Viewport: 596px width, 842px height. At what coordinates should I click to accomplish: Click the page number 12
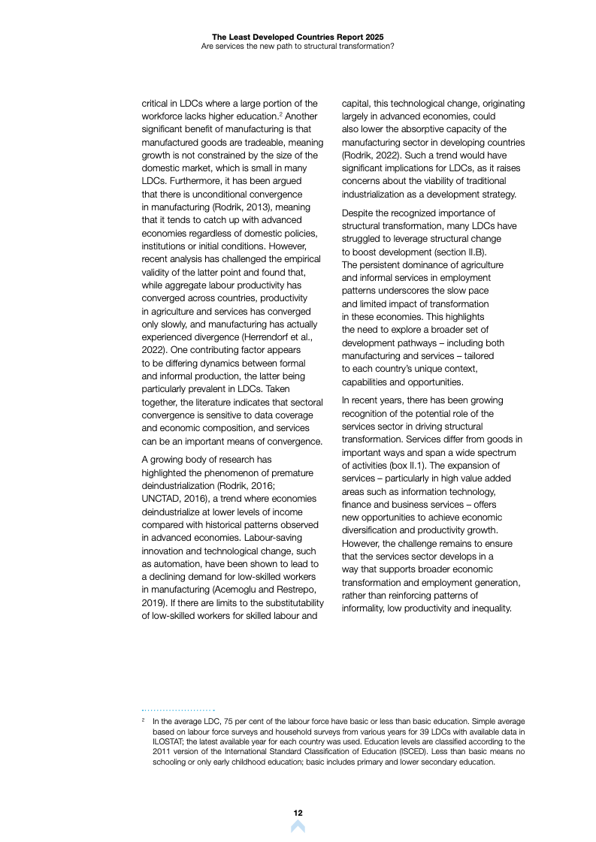point(298,813)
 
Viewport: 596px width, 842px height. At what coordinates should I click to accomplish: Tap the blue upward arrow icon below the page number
point(298,827)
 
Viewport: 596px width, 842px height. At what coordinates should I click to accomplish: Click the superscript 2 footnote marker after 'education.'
point(280,113)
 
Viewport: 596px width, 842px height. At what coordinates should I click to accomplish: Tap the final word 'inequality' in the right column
point(488,608)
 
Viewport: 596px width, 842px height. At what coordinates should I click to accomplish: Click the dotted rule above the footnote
point(179,710)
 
